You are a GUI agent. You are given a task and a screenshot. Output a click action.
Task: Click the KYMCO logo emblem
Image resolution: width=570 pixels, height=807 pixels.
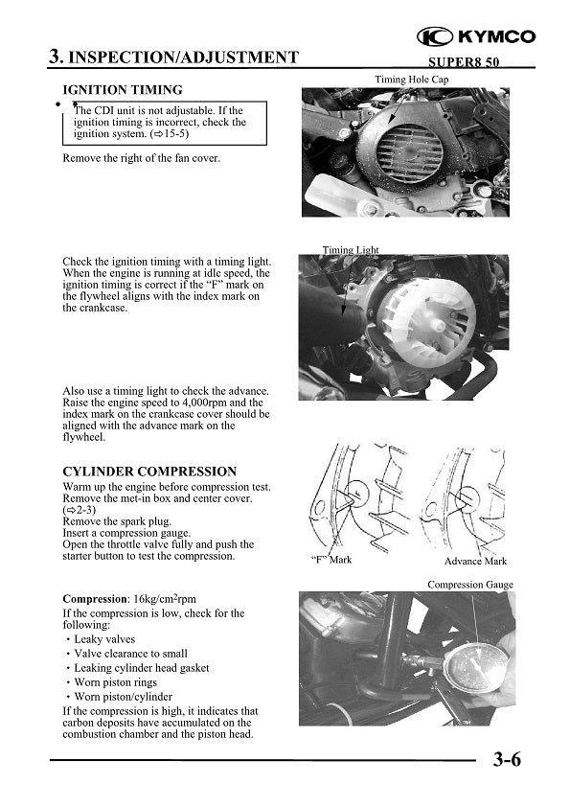pyautogui.click(x=435, y=36)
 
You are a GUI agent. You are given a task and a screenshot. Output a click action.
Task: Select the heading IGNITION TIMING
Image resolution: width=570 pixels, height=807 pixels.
pyautogui.click(x=123, y=90)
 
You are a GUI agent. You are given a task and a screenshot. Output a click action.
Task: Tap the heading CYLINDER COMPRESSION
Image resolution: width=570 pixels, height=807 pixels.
pyautogui.click(x=149, y=472)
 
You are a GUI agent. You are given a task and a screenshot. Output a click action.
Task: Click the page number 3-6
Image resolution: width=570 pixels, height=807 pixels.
pyautogui.click(x=507, y=759)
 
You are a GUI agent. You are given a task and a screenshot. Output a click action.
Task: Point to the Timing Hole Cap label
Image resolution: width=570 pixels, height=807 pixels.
pyautogui.click(x=412, y=80)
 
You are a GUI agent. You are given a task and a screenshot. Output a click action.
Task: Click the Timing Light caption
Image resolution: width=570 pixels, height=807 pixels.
pyautogui.click(x=351, y=250)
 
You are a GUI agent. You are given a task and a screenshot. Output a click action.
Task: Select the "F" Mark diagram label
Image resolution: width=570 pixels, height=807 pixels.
pyautogui.click(x=331, y=560)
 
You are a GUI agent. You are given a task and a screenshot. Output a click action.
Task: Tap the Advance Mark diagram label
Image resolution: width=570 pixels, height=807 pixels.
pyautogui.click(x=475, y=561)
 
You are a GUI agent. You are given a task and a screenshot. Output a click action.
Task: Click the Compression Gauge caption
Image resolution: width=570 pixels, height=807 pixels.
pyautogui.click(x=470, y=585)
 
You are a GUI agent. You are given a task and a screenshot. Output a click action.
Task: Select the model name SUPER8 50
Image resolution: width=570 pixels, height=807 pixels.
pyautogui.click(x=464, y=62)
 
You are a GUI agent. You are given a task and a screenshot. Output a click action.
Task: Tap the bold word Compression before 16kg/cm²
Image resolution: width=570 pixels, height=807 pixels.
pyautogui.click(x=95, y=599)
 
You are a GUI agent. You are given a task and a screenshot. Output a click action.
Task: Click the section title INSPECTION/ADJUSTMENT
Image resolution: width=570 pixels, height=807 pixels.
pyautogui.click(x=183, y=57)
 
